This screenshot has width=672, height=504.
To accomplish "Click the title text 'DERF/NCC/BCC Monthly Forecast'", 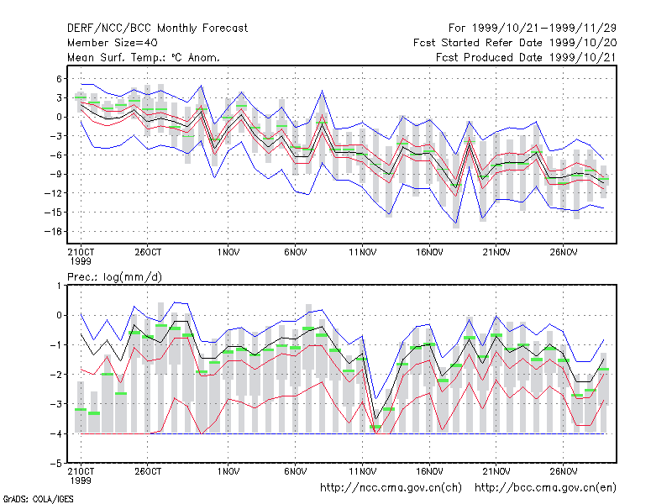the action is pyautogui.click(x=157, y=29).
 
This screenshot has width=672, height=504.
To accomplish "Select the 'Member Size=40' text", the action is pyautogui.click(x=113, y=43).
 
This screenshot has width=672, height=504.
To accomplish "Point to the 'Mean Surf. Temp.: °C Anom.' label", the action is pyautogui.click(x=144, y=57).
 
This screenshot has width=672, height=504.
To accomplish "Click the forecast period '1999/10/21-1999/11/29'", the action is pyautogui.click(x=544, y=29).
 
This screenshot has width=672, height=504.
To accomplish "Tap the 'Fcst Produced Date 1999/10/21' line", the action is pyautogui.click(x=527, y=57).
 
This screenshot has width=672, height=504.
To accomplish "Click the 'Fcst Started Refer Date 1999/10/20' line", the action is pyautogui.click(x=515, y=43).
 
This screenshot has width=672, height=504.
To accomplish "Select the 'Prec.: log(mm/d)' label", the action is pyautogui.click(x=114, y=277).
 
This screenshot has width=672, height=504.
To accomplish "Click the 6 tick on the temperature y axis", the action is pyautogui.click(x=59, y=79).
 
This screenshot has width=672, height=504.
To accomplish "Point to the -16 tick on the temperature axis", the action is pyautogui.click(x=54, y=232).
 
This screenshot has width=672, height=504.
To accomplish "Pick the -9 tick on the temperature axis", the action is pyautogui.click(x=55, y=174).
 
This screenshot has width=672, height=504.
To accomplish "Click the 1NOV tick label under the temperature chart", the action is pyautogui.click(x=228, y=253).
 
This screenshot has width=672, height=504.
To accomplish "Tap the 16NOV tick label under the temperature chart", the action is pyautogui.click(x=429, y=253).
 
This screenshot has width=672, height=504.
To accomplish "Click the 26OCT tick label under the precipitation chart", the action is pyautogui.click(x=148, y=471).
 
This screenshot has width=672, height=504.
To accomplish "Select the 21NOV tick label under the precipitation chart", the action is pyautogui.click(x=496, y=471).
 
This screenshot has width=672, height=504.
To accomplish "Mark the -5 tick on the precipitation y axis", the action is pyautogui.click(x=55, y=464).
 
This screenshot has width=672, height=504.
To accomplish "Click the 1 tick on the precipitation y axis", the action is pyautogui.click(x=59, y=286).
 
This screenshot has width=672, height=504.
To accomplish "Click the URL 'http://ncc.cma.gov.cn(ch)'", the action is pyautogui.click(x=391, y=488).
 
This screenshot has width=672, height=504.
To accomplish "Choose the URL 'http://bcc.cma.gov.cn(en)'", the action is pyautogui.click(x=545, y=488).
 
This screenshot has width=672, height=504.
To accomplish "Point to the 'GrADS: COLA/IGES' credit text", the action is pyautogui.click(x=38, y=499).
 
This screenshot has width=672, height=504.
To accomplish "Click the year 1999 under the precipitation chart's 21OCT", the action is pyautogui.click(x=81, y=480).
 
